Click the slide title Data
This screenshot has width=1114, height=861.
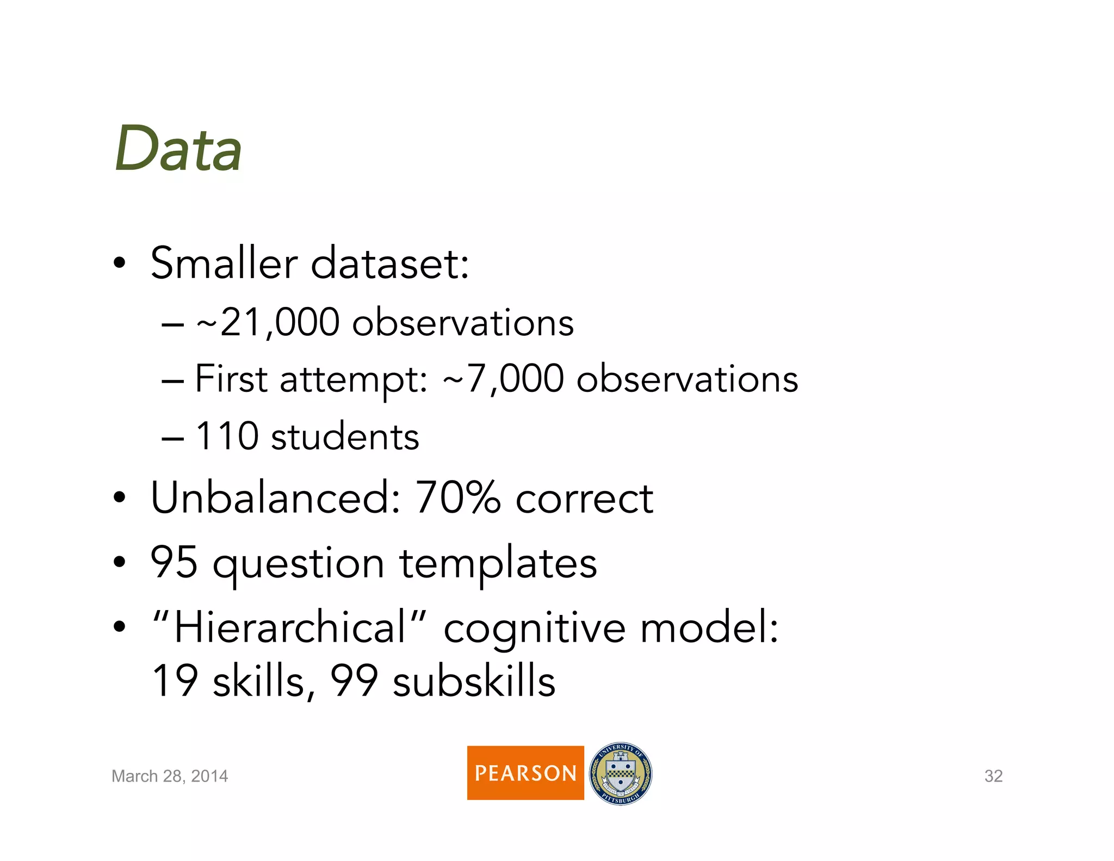click(178, 149)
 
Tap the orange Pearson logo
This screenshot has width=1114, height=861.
click(525, 772)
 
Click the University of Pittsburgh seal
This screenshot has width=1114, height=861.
click(621, 773)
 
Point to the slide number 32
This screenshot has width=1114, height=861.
click(993, 776)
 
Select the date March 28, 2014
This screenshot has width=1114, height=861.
click(170, 776)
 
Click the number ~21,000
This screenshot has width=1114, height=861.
click(268, 322)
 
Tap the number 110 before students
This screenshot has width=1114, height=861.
click(226, 436)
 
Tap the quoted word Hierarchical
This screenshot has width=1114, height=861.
click(289, 628)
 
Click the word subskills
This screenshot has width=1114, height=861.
click(474, 681)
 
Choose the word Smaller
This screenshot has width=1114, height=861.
click(224, 263)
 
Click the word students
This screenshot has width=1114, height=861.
click(345, 436)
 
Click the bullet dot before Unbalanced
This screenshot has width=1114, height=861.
click(120, 497)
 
